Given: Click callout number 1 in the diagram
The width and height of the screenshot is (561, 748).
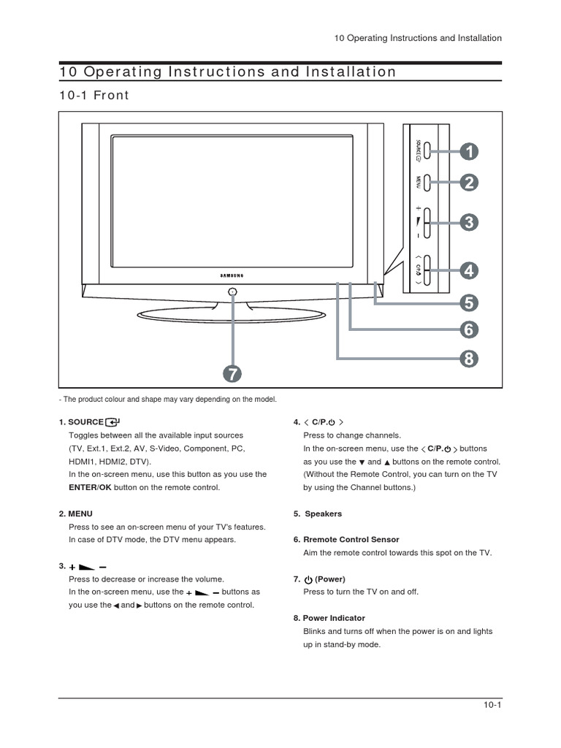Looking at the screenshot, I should [x=469, y=151].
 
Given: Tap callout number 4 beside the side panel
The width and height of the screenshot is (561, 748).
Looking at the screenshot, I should [x=469, y=271].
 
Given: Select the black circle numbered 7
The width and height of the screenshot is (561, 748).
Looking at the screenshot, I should [x=231, y=374].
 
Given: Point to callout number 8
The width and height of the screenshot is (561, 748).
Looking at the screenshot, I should [x=469, y=358].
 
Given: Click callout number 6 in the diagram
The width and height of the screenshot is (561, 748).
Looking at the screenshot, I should [x=469, y=329].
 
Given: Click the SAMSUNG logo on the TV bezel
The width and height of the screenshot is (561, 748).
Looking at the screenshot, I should [x=232, y=275].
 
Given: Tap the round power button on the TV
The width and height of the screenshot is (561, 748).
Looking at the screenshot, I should [x=232, y=292].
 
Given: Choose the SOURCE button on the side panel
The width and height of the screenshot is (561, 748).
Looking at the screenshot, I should [x=427, y=151].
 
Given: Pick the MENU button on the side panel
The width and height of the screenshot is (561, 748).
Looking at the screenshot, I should [x=427, y=181].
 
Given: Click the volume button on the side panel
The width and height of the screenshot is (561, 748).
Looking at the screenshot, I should [x=427, y=222].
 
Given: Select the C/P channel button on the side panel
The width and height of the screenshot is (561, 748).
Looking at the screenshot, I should [x=427, y=271].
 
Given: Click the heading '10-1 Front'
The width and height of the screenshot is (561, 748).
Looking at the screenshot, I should [x=93, y=95].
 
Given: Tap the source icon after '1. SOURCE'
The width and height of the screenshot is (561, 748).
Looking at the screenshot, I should [x=112, y=421].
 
